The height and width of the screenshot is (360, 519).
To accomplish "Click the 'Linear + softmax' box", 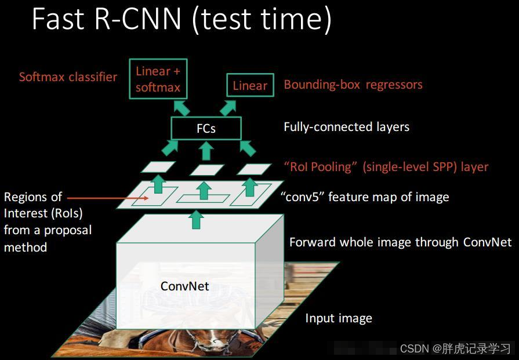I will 158,79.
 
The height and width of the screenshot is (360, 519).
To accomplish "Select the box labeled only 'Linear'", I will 250,86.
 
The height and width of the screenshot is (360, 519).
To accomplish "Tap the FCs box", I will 206,128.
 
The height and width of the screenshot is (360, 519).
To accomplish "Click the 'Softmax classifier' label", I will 68,77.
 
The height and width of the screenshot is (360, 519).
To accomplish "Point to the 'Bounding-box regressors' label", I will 353,85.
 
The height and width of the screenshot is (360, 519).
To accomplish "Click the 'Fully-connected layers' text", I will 346,127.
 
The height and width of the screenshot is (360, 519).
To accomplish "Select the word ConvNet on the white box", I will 184,286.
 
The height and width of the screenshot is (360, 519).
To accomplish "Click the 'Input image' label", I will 339,318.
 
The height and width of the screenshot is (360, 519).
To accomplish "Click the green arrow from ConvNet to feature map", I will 197,219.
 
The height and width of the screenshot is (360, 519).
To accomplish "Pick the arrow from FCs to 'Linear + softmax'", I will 182,107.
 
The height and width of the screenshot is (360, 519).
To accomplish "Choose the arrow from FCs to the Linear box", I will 228,107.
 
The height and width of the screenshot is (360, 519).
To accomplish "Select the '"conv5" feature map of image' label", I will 365,197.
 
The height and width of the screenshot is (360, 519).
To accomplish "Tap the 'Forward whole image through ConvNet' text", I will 400,242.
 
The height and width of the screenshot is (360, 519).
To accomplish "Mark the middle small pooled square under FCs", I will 206,170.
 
